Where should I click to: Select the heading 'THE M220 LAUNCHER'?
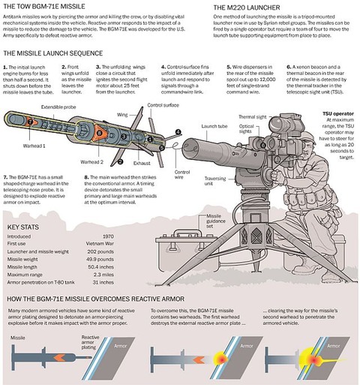coord(234,5)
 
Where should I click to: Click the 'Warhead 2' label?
coord(92,162)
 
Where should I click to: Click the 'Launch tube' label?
coord(214,125)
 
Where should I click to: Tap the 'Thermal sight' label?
coord(253,117)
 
